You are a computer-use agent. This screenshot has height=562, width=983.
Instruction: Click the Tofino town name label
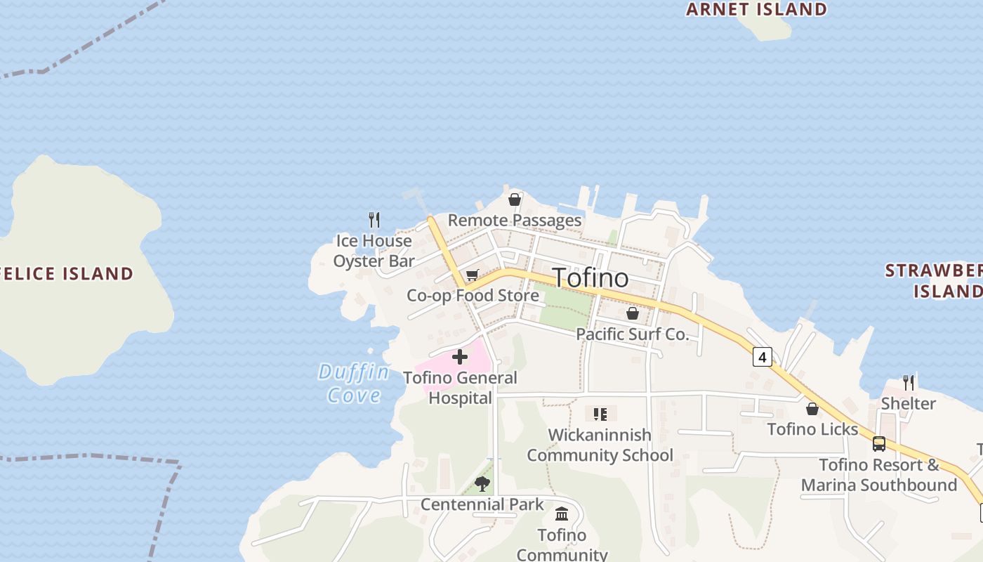tap(591, 277)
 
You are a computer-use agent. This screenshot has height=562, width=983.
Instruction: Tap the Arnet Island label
tap(756, 9)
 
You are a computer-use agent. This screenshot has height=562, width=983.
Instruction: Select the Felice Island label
tap(67, 273)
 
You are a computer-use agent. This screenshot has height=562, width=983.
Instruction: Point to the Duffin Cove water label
tap(353, 383)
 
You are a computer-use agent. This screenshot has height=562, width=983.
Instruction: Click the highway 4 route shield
tap(762, 357)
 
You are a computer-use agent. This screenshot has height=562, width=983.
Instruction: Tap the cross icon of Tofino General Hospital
tap(460, 357)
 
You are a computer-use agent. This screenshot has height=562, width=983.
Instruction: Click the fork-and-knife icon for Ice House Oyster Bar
tap(374, 220)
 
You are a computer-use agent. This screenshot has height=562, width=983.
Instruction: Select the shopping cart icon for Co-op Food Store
tap(472, 275)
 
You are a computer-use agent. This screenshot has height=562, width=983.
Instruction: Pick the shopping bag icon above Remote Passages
tap(515, 200)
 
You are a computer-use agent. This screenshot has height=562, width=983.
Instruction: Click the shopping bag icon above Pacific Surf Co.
tap(633, 313)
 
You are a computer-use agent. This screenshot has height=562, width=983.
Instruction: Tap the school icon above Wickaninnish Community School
tap(600, 414)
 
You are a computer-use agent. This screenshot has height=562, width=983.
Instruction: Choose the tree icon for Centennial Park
tap(482, 483)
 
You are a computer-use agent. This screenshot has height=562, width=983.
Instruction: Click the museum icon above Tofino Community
tap(562, 514)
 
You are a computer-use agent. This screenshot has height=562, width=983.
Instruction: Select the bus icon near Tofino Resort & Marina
tap(878, 444)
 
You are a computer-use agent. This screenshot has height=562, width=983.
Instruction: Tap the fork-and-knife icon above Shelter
tap(909, 383)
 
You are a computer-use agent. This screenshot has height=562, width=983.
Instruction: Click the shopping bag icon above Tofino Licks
tap(812, 408)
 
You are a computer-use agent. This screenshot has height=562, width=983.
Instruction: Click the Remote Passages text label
tap(515, 221)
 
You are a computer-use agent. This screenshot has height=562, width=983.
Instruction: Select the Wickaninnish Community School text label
tap(600, 445)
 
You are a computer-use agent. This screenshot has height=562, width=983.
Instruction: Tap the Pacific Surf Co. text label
tap(633, 334)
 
